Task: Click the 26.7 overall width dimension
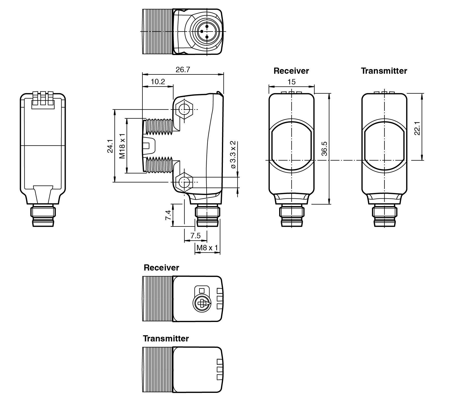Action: tap(183, 70)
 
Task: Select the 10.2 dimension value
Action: tap(158, 82)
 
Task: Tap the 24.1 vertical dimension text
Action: tap(110, 146)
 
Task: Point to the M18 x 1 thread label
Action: tap(123, 146)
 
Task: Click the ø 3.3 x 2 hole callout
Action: tap(233, 154)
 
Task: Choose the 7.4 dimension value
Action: tap(168, 215)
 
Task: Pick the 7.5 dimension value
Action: tap(196, 235)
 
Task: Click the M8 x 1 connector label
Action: tap(207, 248)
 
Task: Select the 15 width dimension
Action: tap(291, 82)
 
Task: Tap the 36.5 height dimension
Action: tap(324, 148)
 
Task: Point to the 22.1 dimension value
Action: tap(417, 128)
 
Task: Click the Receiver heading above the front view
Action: tap(291, 71)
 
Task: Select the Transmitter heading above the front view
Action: tap(384, 71)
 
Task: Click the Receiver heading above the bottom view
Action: tap(161, 268)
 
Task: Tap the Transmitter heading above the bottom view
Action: tap(166, 338)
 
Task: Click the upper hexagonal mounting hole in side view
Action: tap(183, 110)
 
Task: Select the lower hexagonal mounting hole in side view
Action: tap(183, 182)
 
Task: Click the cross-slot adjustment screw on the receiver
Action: tap(202, 303)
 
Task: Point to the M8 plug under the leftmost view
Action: tap(43, 215)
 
